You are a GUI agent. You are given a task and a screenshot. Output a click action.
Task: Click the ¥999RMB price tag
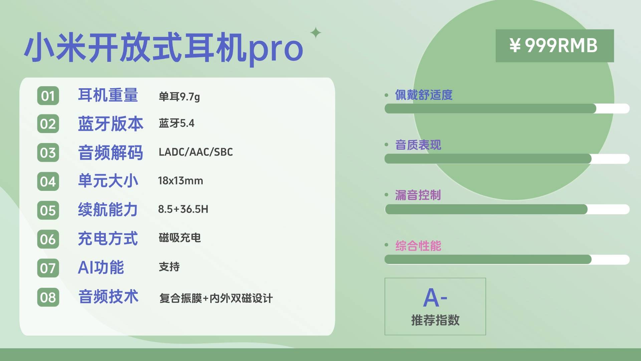[555, 46]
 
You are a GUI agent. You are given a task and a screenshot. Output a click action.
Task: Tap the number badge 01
[48, 96]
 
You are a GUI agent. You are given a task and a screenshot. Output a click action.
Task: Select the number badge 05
[48, 211]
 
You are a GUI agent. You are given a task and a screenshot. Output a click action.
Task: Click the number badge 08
[48, 297]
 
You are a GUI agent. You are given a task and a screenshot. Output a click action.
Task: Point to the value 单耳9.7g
[179, 97]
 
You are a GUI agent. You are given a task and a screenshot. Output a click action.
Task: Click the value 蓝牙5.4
[177, 123]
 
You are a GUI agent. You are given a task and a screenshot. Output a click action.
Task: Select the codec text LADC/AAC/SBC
[196, 152]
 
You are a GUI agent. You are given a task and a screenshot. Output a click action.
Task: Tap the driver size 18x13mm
[181, 181]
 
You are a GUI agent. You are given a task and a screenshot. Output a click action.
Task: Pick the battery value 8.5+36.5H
[183, 209]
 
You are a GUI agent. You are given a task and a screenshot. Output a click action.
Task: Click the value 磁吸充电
[180, 238]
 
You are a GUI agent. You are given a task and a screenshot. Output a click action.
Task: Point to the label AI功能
[101, 267]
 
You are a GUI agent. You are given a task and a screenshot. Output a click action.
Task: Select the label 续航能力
[108, 210]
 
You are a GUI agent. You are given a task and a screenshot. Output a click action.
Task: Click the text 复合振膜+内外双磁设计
[216, 298]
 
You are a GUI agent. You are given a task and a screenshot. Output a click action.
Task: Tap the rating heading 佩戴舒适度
[424, 95]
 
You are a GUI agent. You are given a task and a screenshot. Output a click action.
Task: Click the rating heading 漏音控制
[418, 195]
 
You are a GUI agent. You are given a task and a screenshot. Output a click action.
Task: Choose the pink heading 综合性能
[418, 246]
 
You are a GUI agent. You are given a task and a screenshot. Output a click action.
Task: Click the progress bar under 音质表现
[507, 159]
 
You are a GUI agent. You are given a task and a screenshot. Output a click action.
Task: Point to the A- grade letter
[435, 297]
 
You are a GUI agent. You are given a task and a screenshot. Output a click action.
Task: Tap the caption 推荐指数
[435, 320]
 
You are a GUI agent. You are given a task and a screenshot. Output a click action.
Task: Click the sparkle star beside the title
[316, 33]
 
